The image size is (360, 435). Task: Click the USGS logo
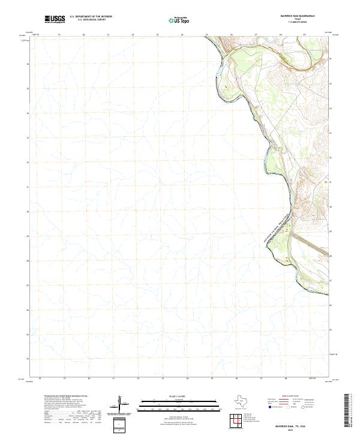(55, 20)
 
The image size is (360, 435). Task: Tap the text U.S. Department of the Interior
(91, 17)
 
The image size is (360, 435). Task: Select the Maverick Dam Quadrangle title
(306, 17)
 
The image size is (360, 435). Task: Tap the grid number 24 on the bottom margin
(187, 379)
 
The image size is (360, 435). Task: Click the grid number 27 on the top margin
(256, 35)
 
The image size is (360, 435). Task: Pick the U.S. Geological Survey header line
(91, 21)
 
